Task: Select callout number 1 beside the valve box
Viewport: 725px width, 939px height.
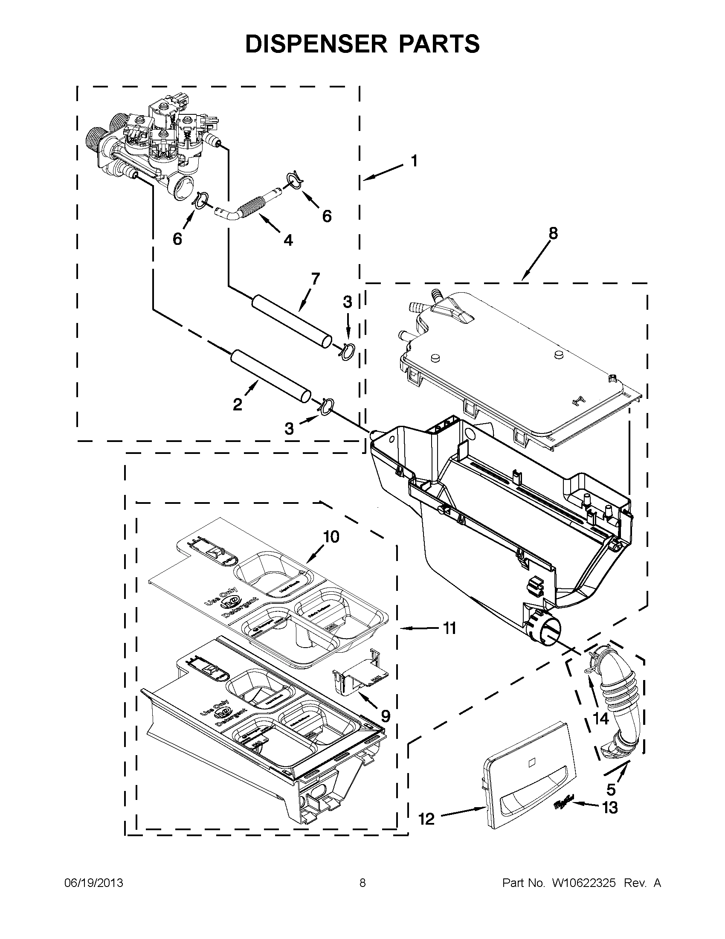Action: (x=414, y=161)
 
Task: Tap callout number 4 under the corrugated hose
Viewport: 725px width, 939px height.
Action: (x=288, y=240)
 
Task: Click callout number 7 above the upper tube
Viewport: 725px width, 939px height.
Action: (x=315, y=279)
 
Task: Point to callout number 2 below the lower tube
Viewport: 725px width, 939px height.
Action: (x=238, y=404)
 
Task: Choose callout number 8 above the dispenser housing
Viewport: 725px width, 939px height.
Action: (x=553, y=233)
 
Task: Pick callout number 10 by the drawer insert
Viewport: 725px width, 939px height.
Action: (x=331, y=537)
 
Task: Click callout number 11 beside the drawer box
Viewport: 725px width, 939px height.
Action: (x=449, y=628)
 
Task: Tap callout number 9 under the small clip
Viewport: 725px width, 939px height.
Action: (x=385, y=716)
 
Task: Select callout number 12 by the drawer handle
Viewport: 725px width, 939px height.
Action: (x=426, y=819)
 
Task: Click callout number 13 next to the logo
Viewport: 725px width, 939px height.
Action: (x=609, y=808)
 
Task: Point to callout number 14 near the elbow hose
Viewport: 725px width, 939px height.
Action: (x=601, y=718)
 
